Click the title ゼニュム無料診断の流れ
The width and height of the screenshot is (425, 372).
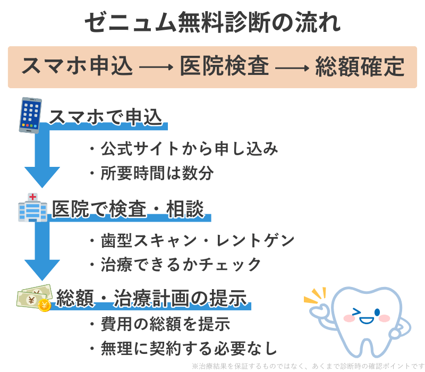(x=212, y=23)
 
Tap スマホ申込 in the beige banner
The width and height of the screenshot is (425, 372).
(x=77, y=67)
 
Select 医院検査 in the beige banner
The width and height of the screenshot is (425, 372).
(x=224, y=67)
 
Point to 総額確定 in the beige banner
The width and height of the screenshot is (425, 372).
(x=360, y=67)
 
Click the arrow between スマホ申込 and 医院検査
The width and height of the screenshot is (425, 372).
(x=156, y=68)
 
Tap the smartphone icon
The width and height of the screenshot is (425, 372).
(x=30, y=115)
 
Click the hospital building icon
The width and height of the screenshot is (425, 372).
(x=32, y=208)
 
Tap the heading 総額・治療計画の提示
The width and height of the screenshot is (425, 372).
(x=152, y=299)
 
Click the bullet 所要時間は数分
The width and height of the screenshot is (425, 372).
(x=151, y=173)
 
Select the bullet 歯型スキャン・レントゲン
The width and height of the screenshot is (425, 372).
(x=191, y=240)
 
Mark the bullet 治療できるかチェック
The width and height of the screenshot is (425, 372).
(x=175, y=264)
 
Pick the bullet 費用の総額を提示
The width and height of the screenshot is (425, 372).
(x=159, y=324)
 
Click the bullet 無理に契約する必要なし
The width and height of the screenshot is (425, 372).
(x=183, y=349)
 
